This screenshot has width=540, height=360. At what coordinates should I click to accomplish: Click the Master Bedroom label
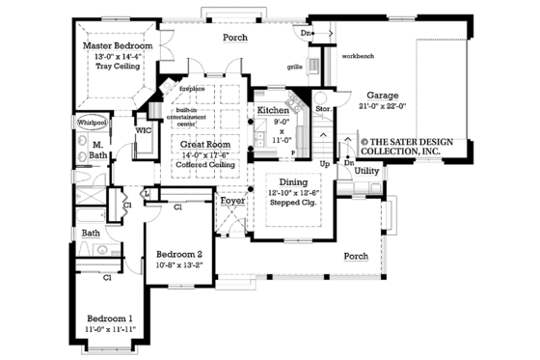click(x=118, y=45)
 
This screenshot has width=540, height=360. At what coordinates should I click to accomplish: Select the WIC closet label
click(x=145, y=128)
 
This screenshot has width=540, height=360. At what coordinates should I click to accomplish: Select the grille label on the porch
click(x=295, y=68)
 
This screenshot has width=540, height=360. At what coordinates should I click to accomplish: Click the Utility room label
click(x=366, y=170)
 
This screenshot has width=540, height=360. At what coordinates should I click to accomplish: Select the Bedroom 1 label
click(x=110, y=318)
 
